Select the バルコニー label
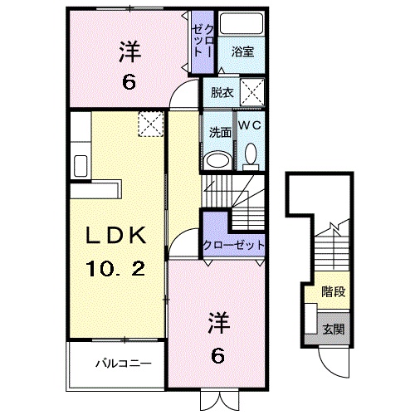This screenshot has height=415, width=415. click(122, 362)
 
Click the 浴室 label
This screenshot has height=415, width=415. click(242, 51)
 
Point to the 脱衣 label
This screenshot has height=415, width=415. click(220, 93)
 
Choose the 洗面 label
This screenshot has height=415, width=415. click(218, 131)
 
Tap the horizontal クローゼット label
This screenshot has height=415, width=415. click(233, 245)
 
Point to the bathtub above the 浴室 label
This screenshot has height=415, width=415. click(242, 24)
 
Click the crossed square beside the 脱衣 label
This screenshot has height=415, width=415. click(251, 91)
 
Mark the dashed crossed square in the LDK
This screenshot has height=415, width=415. click(150, 125)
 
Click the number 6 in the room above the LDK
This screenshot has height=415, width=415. click(129, 82)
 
